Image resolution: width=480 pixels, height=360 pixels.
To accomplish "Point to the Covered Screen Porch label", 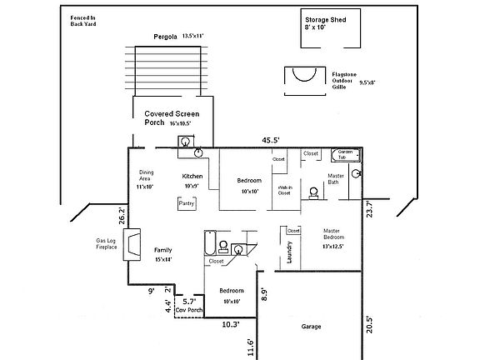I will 171,117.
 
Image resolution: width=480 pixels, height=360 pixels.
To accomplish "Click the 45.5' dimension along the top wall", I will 270,140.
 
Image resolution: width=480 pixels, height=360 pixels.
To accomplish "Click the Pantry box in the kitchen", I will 187,202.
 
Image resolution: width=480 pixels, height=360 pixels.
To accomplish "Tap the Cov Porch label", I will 188,309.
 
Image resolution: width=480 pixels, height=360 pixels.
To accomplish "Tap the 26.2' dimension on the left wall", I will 122,217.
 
